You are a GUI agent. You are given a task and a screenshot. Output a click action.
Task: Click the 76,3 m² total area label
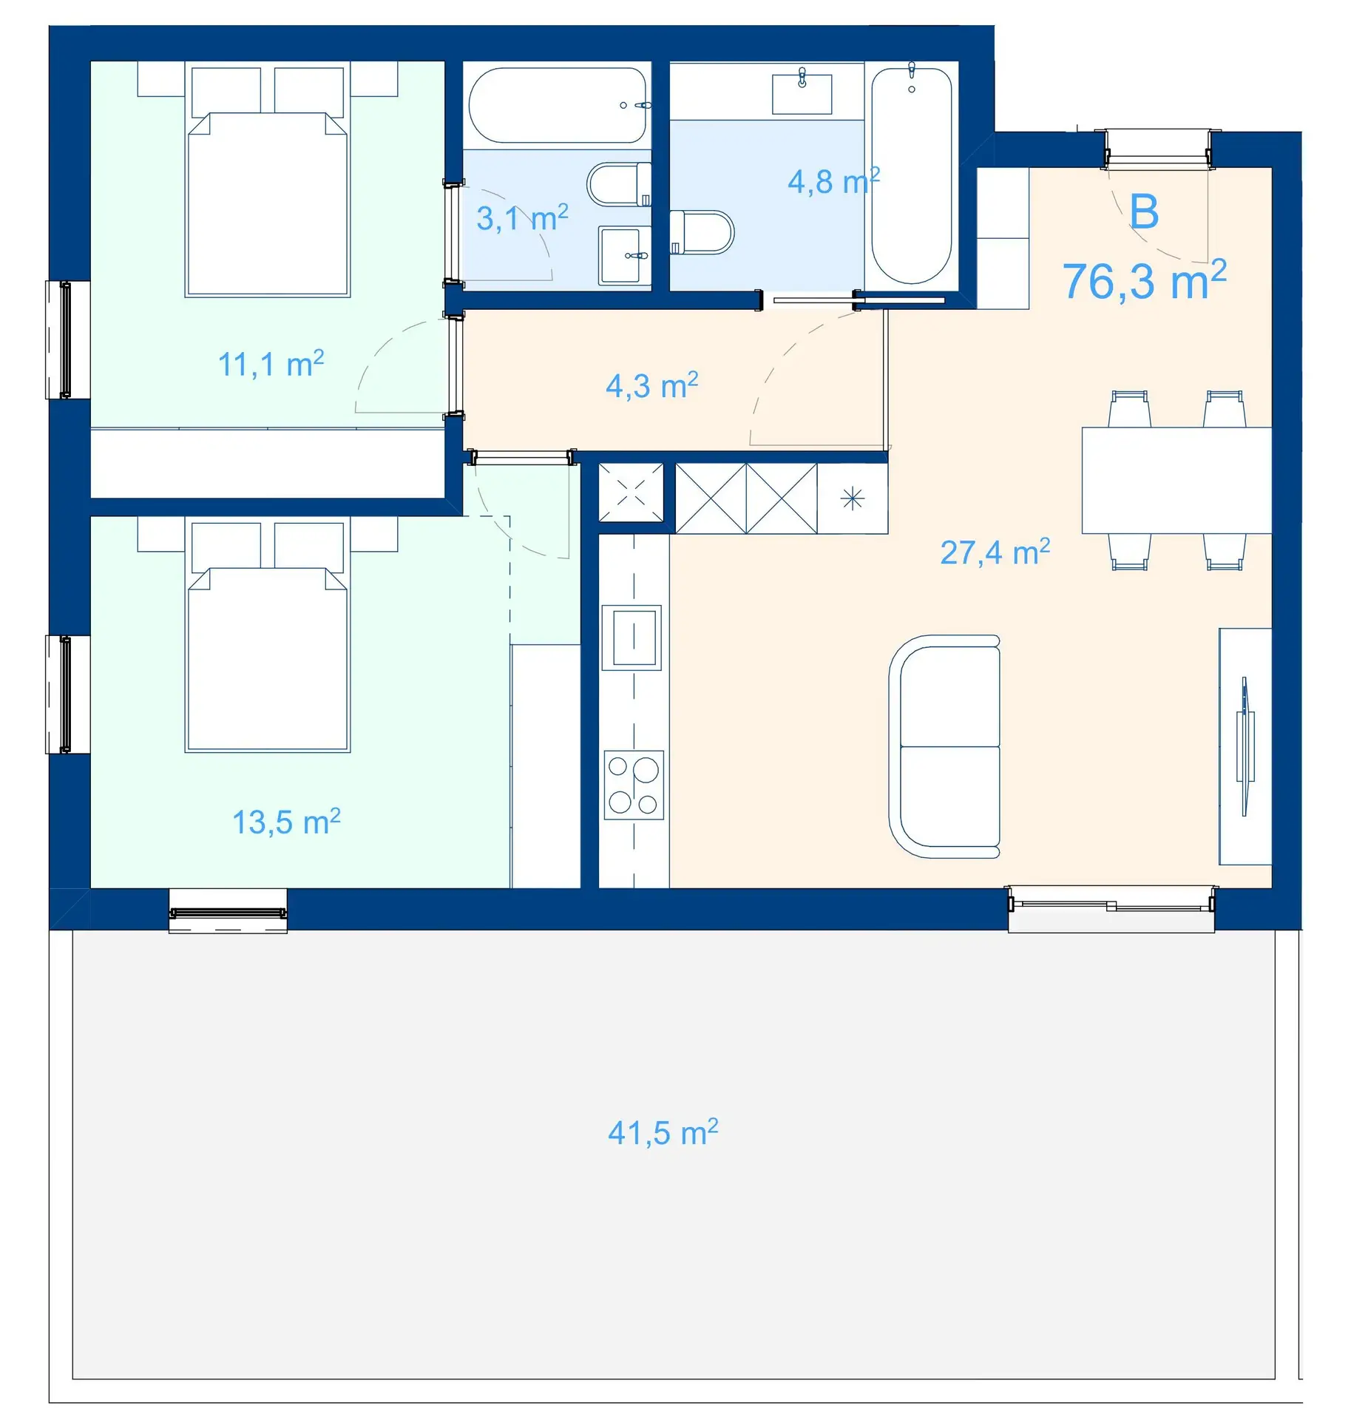click(1145, 280)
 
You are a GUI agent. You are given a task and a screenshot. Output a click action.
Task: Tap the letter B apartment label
click(1144, 212)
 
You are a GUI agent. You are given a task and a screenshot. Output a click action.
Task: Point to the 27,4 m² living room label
click(995, 552)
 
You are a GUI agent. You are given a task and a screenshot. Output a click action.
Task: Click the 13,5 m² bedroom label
click(286, 822)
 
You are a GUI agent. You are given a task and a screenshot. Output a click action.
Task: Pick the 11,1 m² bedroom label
click(271, 364)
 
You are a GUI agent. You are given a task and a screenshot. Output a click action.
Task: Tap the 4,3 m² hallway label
click(651, 385)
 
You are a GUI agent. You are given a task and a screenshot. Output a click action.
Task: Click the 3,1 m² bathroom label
click(522, 217)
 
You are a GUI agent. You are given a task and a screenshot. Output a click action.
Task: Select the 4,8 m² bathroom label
click(833, 181)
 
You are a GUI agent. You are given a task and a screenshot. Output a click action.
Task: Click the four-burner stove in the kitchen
click(634, 785)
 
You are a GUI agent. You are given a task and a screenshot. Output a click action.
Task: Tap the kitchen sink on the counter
click(632, 638)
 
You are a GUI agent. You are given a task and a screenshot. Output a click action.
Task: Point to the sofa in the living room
click(944, 746)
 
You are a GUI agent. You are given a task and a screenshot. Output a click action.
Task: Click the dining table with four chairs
click(1176, 480)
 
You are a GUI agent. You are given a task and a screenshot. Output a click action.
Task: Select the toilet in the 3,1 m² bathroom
click(620, 184)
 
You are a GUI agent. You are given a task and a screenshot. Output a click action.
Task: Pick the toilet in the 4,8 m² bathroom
click(702, 232)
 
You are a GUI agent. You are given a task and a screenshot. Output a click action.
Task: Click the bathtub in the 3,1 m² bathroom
click(558, 105)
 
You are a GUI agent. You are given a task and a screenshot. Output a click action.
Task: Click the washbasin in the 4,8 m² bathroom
click(802, 93)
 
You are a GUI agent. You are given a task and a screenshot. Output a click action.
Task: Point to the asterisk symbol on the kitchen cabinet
click(853, 499)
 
